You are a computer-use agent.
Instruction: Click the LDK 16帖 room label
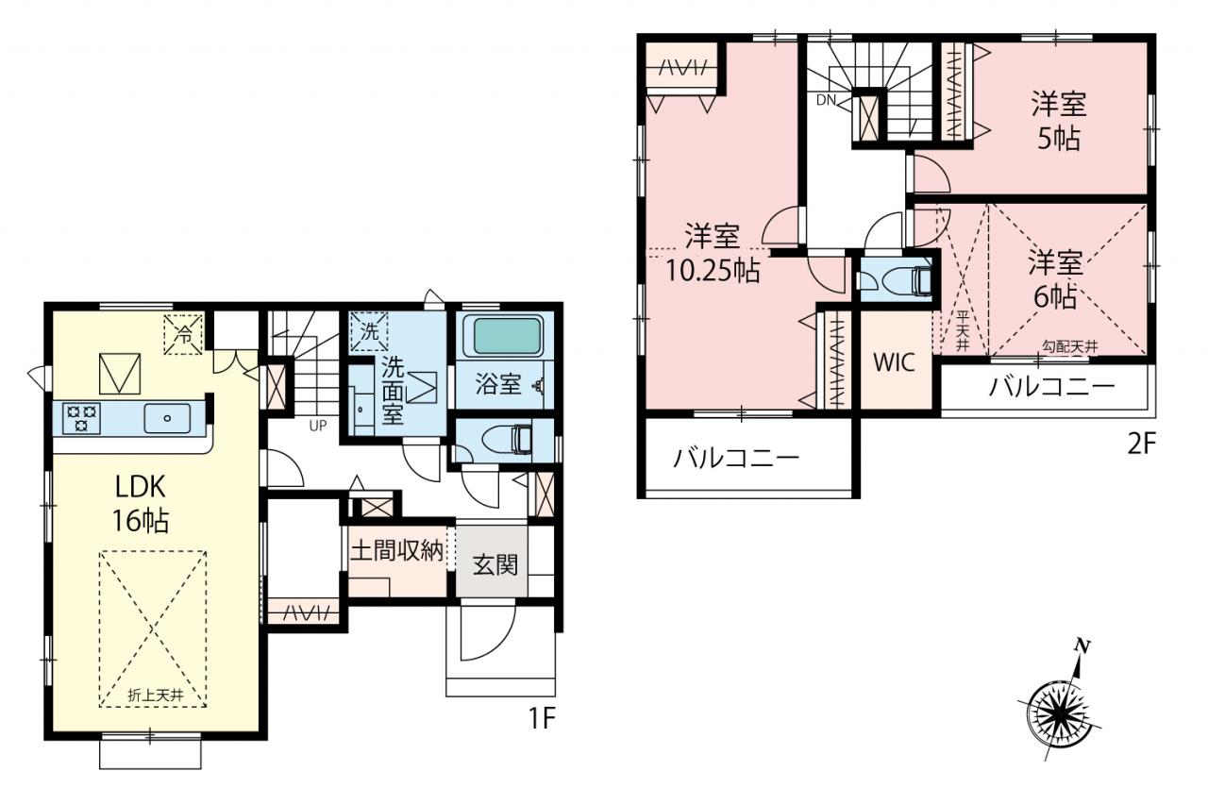pos(141,504)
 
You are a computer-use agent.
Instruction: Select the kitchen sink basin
pos(167,418)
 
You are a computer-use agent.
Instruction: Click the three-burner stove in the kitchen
pos(81,418)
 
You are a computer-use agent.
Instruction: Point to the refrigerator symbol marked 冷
pos(183,334)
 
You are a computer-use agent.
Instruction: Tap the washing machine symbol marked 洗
pos(369,331)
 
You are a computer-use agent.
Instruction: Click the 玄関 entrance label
pos(495,564)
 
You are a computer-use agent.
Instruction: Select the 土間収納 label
pos(397,550)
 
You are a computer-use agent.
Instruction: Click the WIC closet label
pos(894,362)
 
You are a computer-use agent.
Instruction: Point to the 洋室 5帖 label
pos(1059,122)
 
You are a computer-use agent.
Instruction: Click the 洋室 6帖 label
pos(1055,278)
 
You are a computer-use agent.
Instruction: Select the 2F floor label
pos(1141,444)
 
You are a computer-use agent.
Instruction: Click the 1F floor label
pos(542,718)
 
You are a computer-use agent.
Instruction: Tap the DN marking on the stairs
pos(826,100)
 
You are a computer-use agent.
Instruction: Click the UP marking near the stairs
pos(318,426)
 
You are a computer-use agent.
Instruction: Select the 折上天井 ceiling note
pos(156,695)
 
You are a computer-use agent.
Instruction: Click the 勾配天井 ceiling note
pos(1069,346)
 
